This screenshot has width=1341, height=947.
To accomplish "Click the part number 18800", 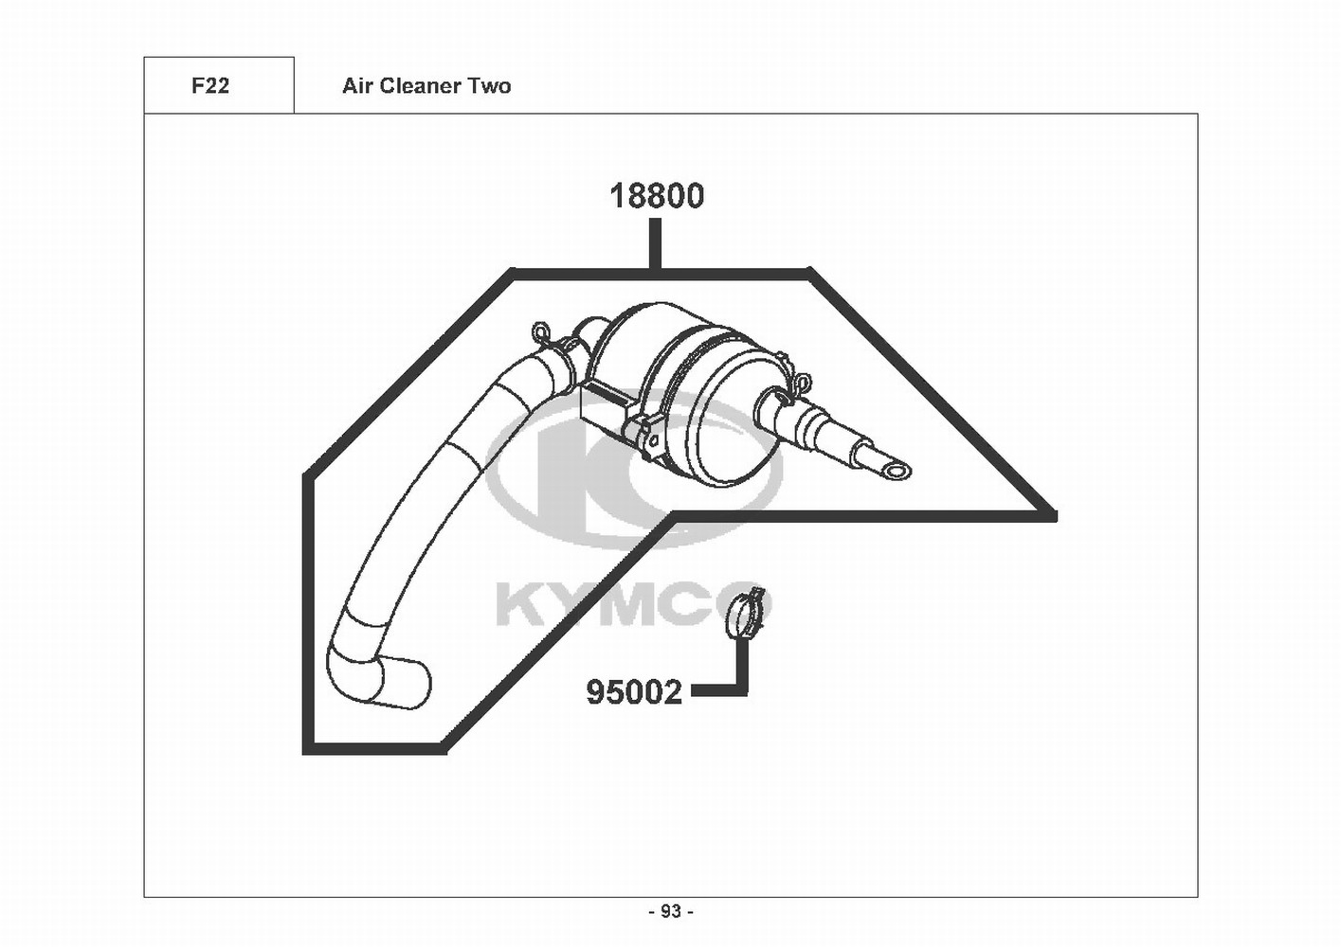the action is (x=657, y=196).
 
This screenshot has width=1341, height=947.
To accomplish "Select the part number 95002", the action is (x=634, y=692).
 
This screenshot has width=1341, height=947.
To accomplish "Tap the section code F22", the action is (x=210, y=86).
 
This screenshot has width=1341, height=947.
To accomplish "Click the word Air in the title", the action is (x=356, y=86).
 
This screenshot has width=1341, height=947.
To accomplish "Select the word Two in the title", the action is (x=490, y=86).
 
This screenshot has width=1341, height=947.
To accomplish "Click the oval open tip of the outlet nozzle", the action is (x=897, y=472).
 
